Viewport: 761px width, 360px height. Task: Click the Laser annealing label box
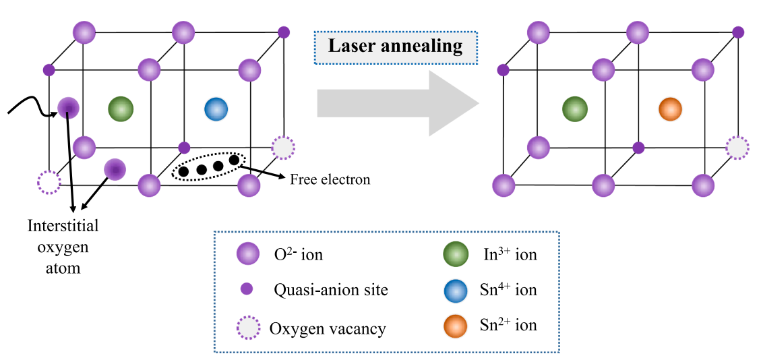(x=396, y=47)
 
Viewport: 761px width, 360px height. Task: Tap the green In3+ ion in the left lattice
(x=121, y=108)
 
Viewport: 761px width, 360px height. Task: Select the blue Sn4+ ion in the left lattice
(x=216, y=109)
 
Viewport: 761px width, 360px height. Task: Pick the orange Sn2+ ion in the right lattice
(x=670, y=109)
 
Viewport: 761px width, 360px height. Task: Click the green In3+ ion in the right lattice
(x=575, y=109)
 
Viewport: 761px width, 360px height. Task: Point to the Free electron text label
(x=330, y=180)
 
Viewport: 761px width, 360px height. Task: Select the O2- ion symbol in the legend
(x=249, y=254)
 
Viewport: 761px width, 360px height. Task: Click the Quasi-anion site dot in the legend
(x=247, y=289)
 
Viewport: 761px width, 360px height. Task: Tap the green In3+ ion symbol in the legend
(x=456, y=254)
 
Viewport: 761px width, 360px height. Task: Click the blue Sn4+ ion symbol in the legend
(x=456, y=290)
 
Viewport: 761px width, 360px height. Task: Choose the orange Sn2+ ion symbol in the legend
(x=456, y=326)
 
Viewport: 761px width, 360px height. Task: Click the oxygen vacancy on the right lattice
(x=738, y=147)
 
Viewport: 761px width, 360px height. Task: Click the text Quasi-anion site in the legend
(x=330, y=290)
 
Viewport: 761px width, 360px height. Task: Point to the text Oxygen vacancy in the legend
(x=328, y=329)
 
